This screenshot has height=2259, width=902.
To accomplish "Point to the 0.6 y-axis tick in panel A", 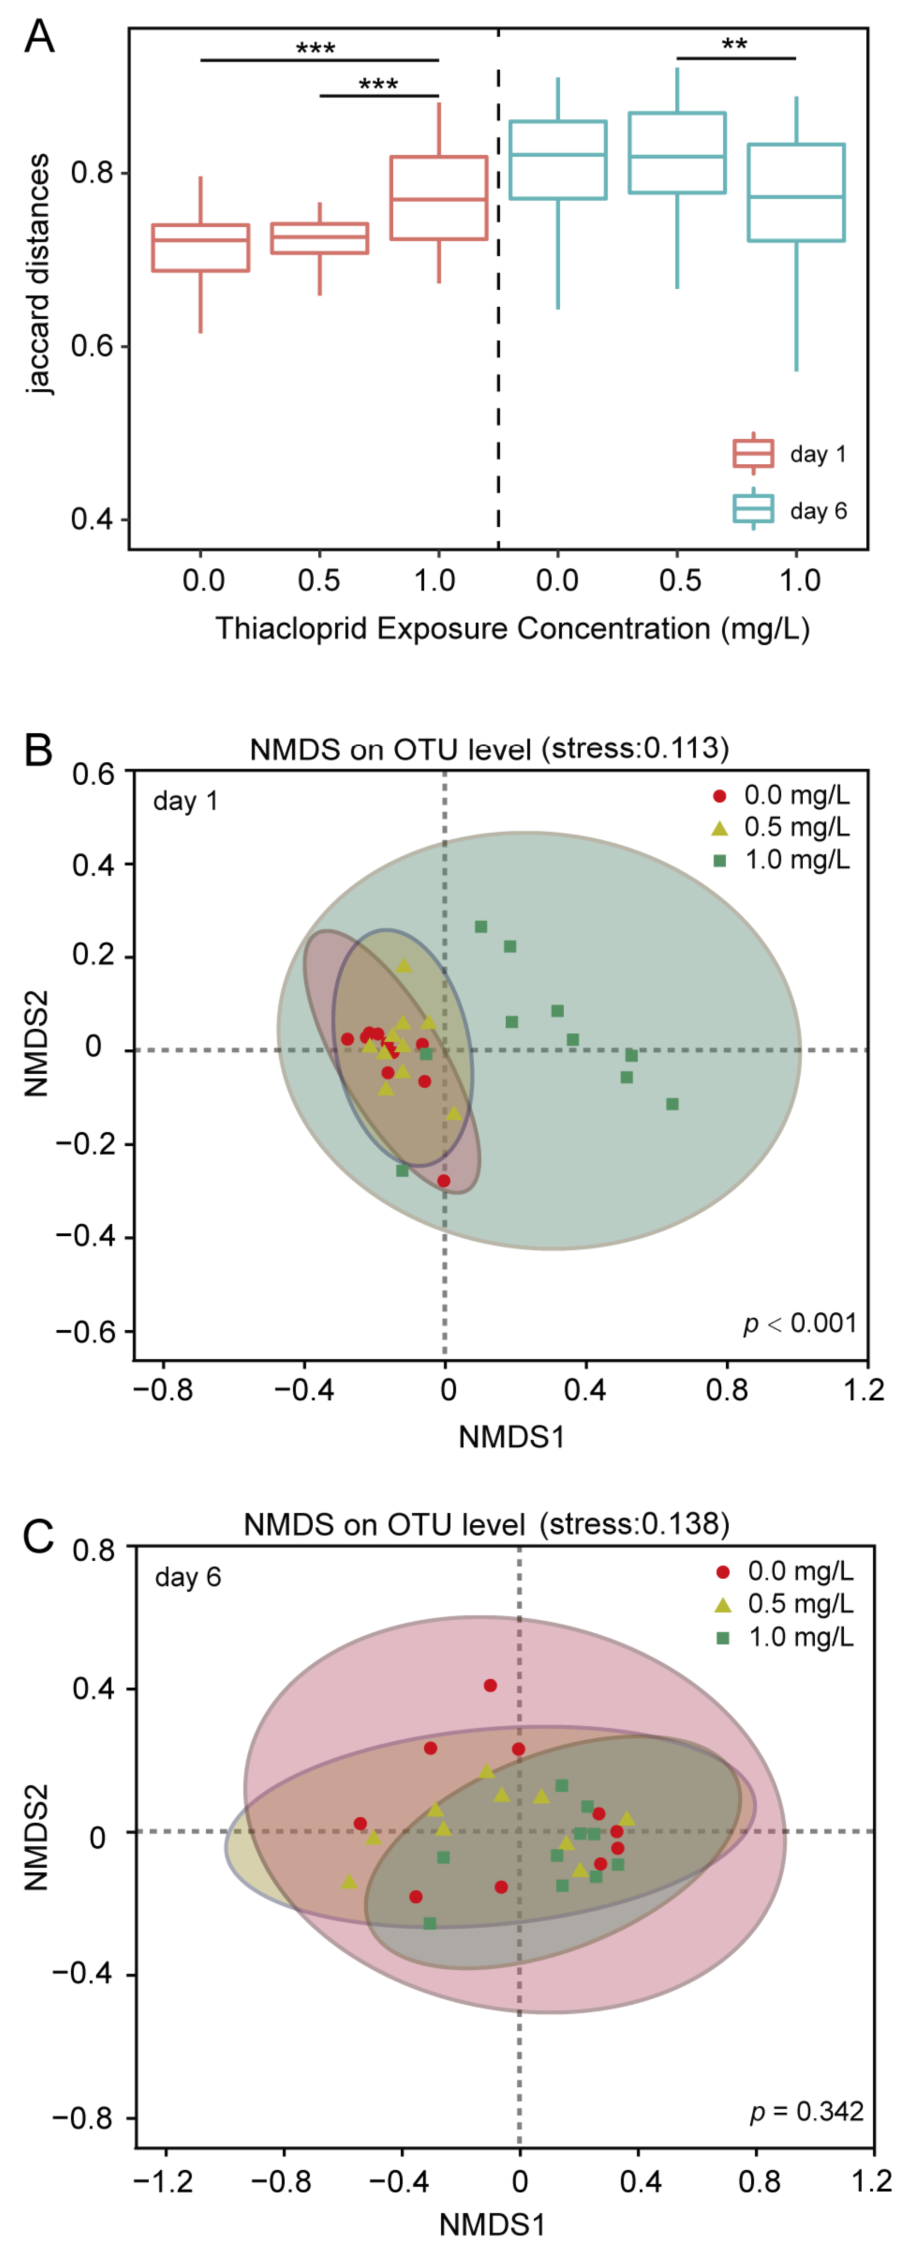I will (x=92, y=346).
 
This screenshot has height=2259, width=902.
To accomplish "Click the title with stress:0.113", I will (x=489, y=749).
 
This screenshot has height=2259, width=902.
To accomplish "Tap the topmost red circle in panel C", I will (x=490, y=1686).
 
